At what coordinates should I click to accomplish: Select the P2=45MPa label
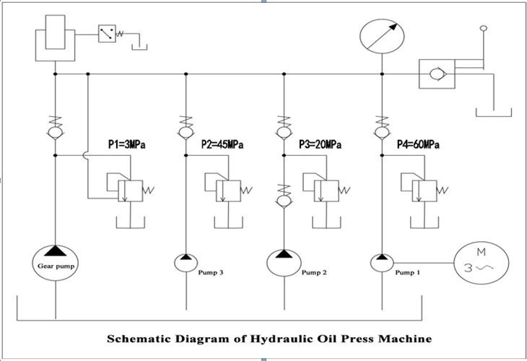[x=222, y=144]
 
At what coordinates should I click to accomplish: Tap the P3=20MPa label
[x=320, y=144]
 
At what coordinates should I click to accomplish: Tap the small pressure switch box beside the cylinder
[x=107, y=33]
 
